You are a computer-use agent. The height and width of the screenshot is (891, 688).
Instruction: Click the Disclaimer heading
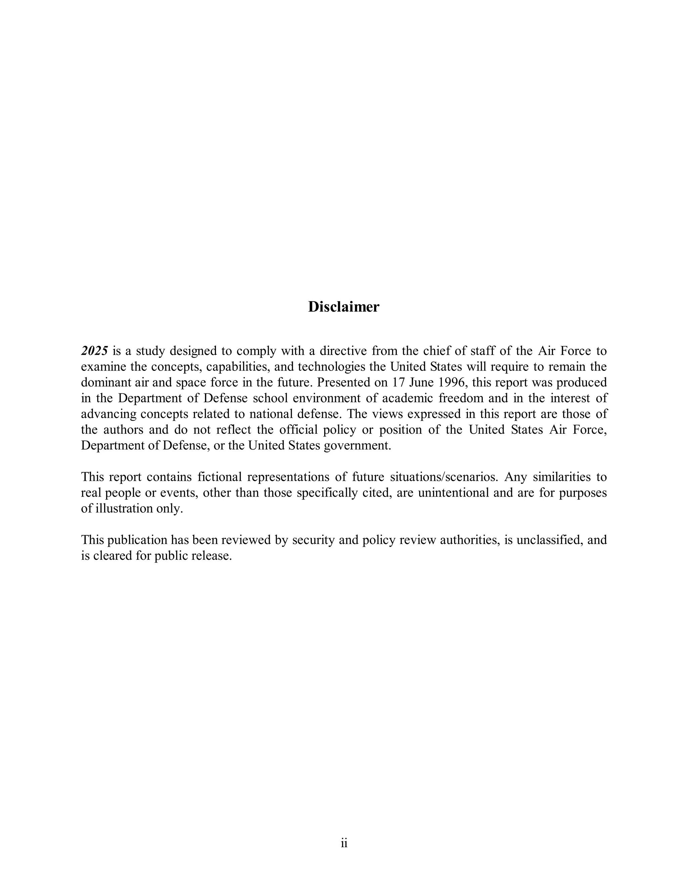(x=344, y=307)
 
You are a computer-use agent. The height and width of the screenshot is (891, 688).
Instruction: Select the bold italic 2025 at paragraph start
(x=94, y=350)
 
